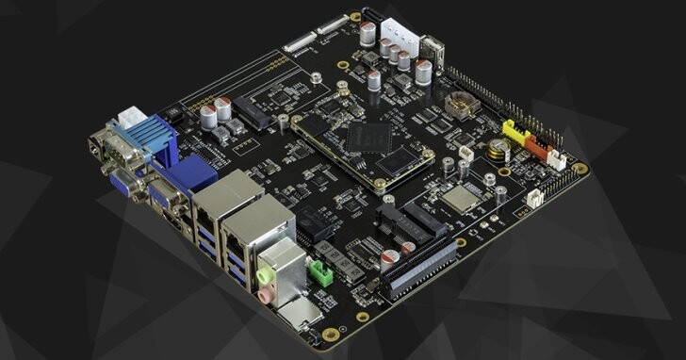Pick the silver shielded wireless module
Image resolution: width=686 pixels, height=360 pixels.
point(460,199)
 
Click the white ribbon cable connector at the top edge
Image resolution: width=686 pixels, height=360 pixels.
point(300,41)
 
